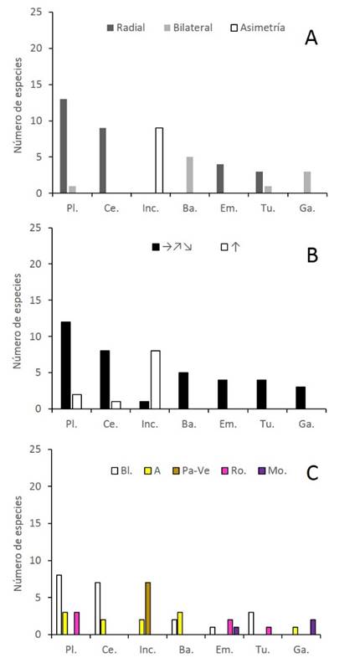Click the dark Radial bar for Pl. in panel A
click(x=64, y=146)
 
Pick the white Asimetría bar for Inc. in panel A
click(x=160, y=160)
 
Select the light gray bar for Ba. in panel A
click(x=189, y=175)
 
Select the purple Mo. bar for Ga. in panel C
click(x=313, y=626)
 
